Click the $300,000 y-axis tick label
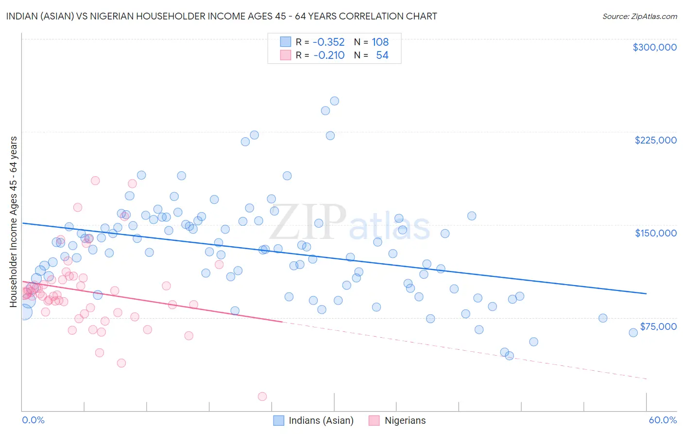tap(654, 47)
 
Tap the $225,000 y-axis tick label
tap(655, 140)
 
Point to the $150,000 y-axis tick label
tap(655, 233)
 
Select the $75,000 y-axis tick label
tap(658, 326)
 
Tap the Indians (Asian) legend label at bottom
tap(321, 421)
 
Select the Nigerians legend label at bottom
tap(405, 421)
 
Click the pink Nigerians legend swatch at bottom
tap(374, 421)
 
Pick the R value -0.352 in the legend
tap(328, 42)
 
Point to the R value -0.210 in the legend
tap(328, 55)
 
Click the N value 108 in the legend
tap(380, 42)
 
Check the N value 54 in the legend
tap(382, 55)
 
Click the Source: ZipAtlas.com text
tap(639, 17)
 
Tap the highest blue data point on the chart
tap(334, 101)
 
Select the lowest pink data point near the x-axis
tap(262, 397)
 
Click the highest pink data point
tap(95, 181)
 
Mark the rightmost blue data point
tap(633, 333)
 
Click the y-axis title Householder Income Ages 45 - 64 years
tap(14, 222)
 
